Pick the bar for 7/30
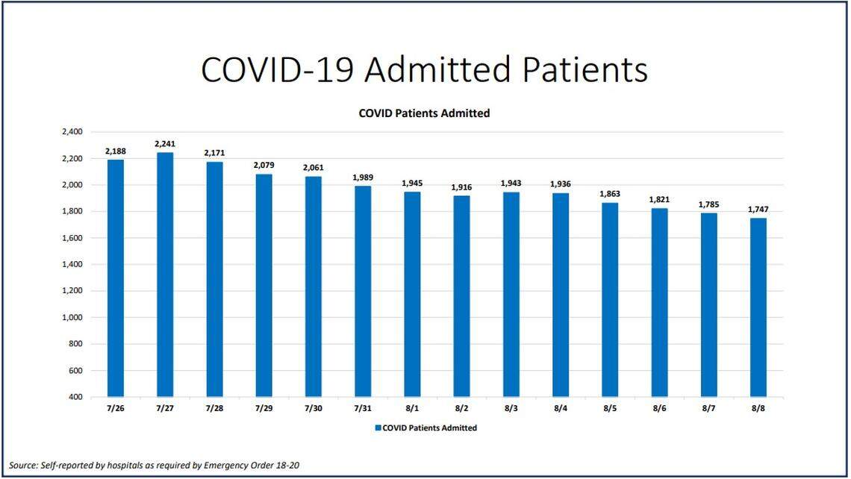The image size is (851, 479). (x=314, y=287)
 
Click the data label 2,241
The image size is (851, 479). (x=165, y=144)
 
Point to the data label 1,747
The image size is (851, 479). (x=758, y=210)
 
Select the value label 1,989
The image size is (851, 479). (x=363, y=178)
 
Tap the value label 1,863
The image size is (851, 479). (x=610, y=194)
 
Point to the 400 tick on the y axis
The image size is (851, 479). (x=75, y=397)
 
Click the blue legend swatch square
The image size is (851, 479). (x=378, y=428)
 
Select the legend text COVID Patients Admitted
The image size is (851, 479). (x=429, y=428)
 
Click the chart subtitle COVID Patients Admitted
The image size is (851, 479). (x=424, y=113)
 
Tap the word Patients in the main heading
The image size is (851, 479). (x=585, y=70)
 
